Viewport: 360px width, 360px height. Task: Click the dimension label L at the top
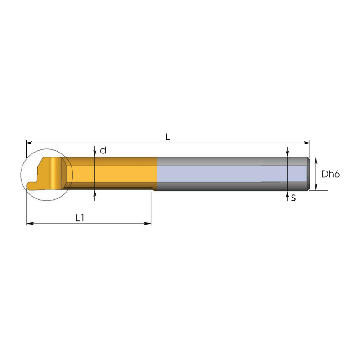[x=167, y=137]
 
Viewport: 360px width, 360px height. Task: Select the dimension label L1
[x=80, y=218]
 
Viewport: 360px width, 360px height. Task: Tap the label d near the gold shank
[x=103, y=151]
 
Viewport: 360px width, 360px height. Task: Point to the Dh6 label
[x=330, y=174]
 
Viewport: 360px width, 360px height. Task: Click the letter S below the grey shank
[x=293, y=198]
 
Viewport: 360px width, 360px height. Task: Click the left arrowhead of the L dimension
[x=30, y=143]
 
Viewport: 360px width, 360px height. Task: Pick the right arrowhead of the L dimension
[x=306, y=143]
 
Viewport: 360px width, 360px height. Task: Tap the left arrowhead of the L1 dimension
[x=30, y=223]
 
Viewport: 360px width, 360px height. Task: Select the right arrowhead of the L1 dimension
[x=148, y=223]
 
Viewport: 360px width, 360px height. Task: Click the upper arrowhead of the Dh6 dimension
[x=316, y=161]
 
